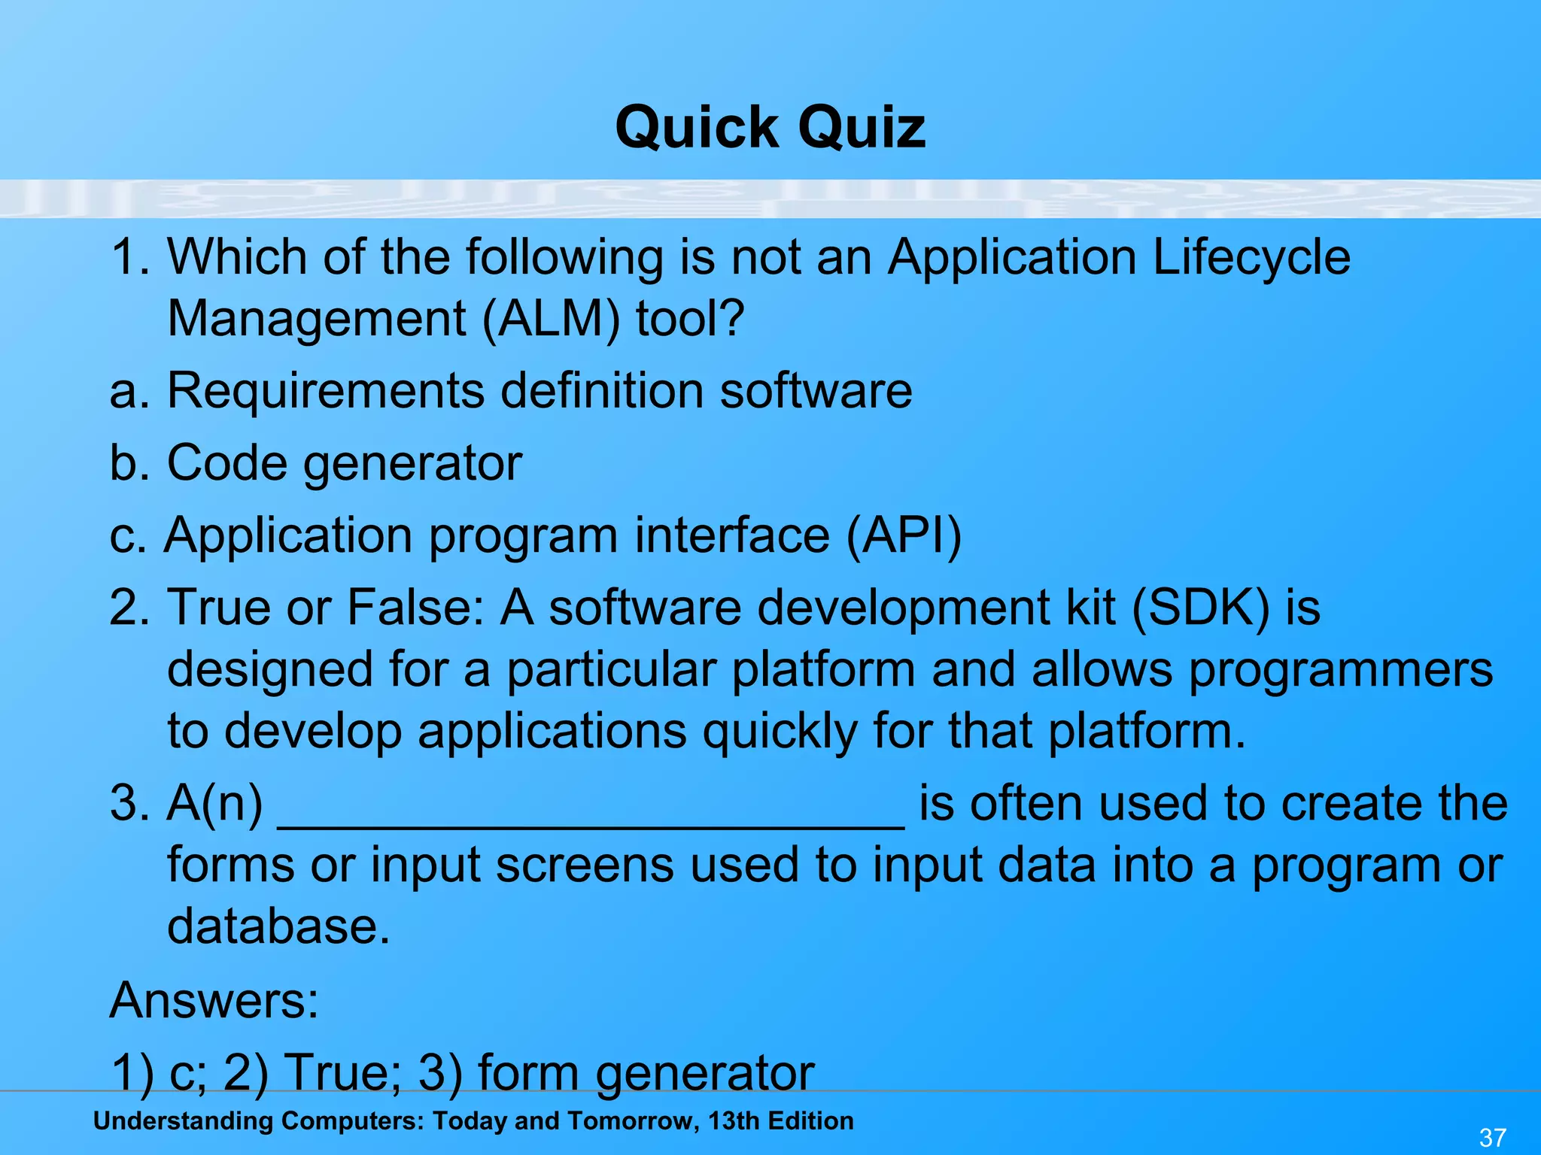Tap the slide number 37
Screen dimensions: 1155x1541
tap(1492, 1137)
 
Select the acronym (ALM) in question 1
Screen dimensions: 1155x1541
tap(551, 319)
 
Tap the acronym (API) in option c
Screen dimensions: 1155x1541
tap(904, 535)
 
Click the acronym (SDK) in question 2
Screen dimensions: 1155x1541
tap(1201, 607)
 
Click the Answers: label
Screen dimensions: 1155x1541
tap(214, 1000)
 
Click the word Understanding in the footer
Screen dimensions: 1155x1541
tap(183, 1121)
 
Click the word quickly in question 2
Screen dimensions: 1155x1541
tap(780, 731)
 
